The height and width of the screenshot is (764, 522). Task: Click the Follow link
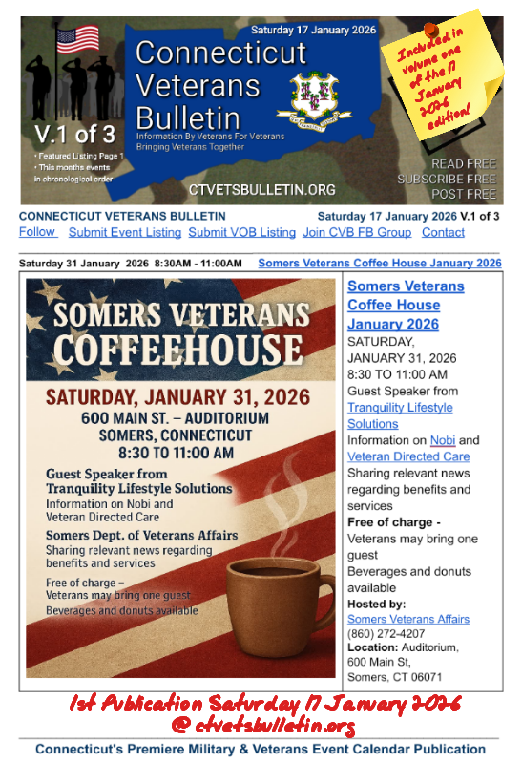(x=37, y=232)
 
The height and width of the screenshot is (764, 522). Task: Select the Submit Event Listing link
(x=124, y=232)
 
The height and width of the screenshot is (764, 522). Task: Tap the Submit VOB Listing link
(x=241, y=232)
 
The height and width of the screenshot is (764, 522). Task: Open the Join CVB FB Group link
(x=357, y=232)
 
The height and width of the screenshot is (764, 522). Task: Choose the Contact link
(x=443, y=232)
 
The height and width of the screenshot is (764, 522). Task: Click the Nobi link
(x=443, y=440)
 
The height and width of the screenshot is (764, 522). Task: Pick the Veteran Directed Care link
(x=407, y=456)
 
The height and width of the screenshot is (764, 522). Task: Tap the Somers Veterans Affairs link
(x=407, y=619)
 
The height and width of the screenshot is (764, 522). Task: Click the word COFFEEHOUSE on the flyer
(x=183, y=350)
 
